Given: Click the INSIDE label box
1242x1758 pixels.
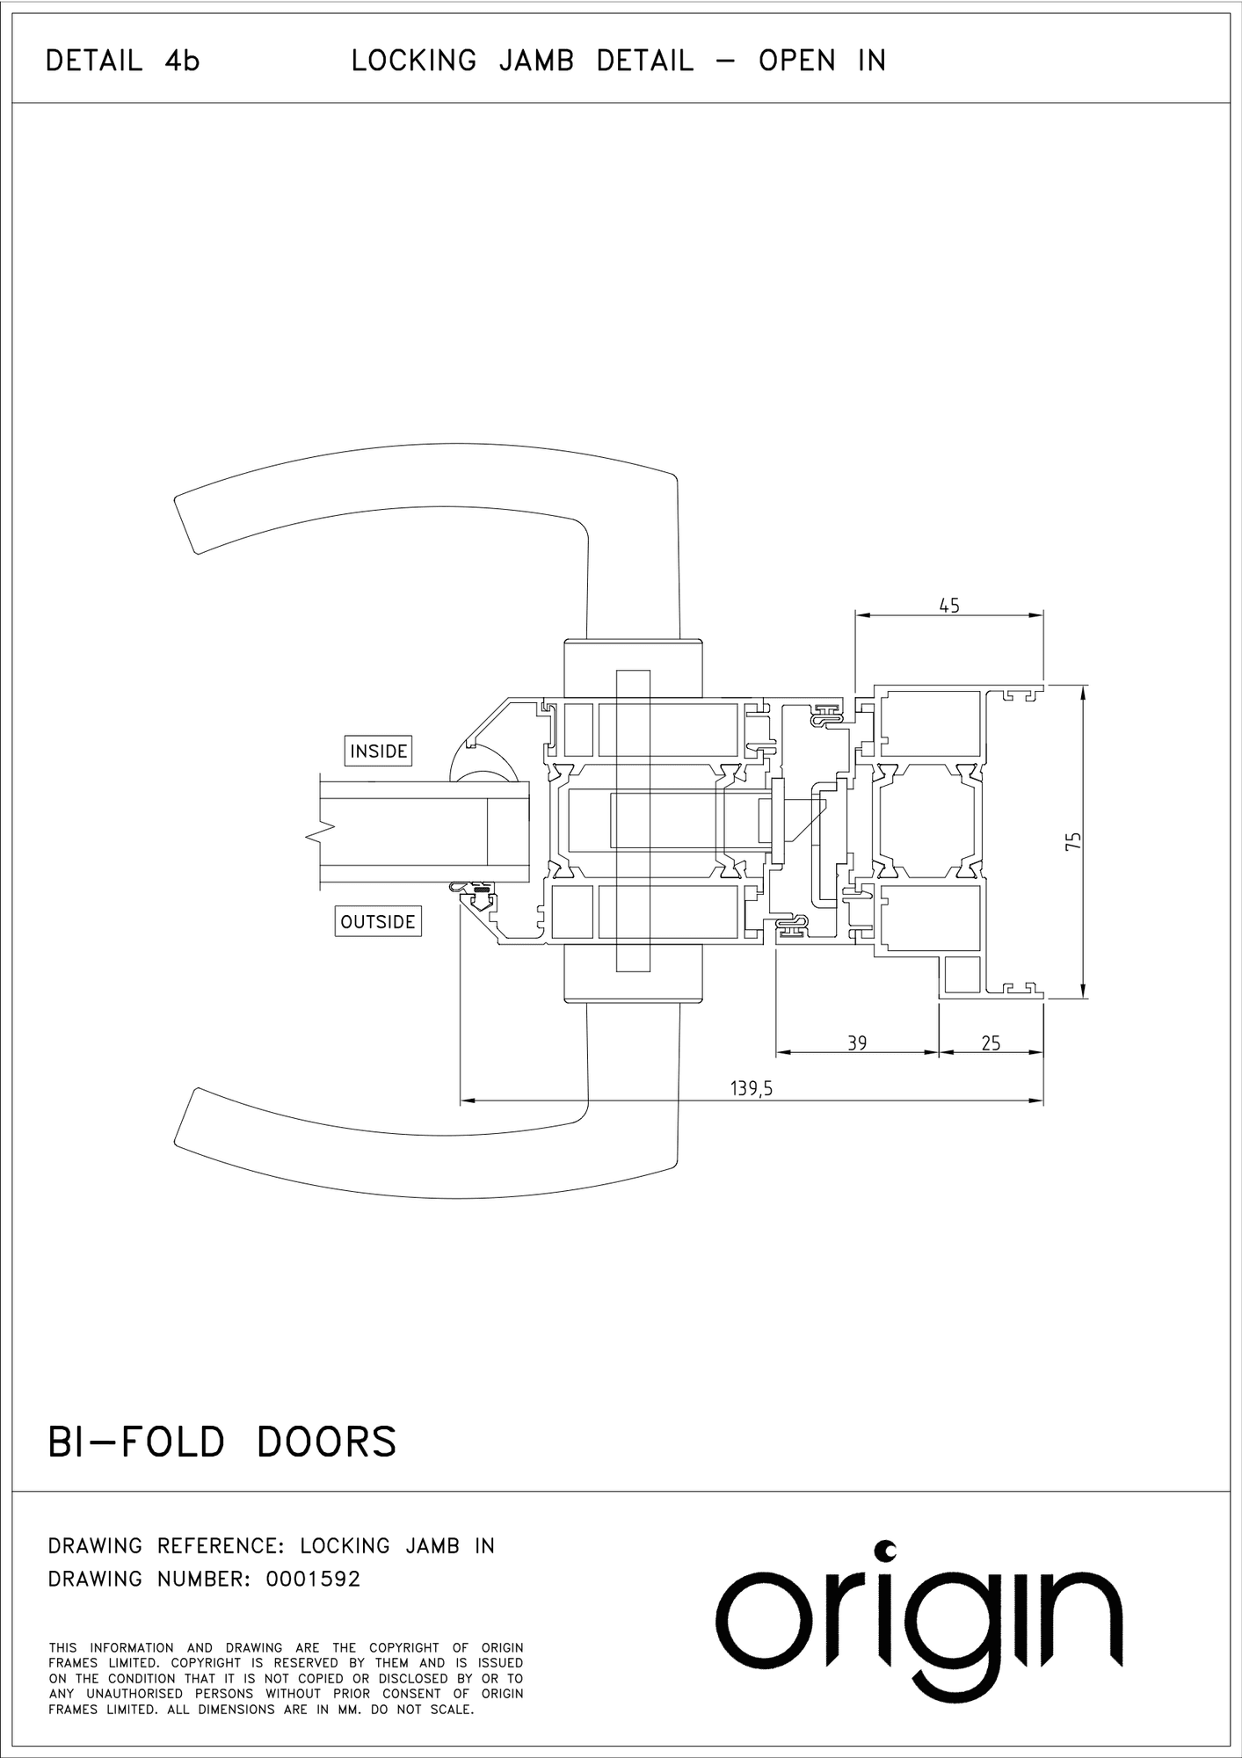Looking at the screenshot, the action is (x=378, y=751).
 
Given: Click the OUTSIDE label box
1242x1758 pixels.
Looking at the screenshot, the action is (x=378, y=921).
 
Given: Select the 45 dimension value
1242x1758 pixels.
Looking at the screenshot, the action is (x=949, y=606).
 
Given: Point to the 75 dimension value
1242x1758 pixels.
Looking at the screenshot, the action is (x=1072, y=841).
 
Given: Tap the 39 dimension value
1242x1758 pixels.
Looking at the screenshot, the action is (x=857, y=1042).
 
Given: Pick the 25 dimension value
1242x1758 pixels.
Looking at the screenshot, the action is (x=991, y=1042).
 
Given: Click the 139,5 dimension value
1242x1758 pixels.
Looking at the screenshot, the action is (x=752, y=1089).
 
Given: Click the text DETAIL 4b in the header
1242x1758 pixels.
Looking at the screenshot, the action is (x=123, y=61).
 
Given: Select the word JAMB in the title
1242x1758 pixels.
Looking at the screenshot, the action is (x=536, y=61).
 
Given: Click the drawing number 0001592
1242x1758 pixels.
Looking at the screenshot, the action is (x=313, y=1579).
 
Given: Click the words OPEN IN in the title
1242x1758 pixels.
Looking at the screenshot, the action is (x=822, y=61).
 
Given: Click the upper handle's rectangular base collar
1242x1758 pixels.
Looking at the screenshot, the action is (x=633, y=669).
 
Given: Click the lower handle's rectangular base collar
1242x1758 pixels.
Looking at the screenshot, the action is (x=633, y=974).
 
